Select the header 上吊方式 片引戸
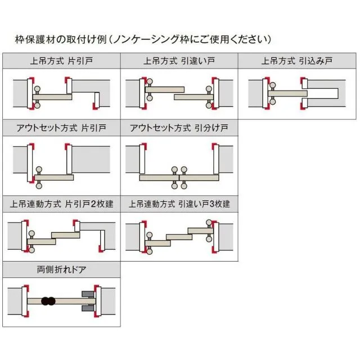tap(61, 61)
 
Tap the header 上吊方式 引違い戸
tap(179, 61)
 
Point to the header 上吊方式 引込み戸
tap(296, 61)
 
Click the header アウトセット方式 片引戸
tap(61, 128)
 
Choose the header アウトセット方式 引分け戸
tap(179, 128)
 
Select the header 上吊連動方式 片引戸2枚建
tap(61, 204)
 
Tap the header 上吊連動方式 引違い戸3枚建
tap(179, 204)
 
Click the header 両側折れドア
tap(61, 270)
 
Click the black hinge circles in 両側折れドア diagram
tap(48, 301)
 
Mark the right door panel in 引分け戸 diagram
tap(199, 177)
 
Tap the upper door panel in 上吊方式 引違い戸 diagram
tap(166, 89)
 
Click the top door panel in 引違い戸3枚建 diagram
tap(200, 230)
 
